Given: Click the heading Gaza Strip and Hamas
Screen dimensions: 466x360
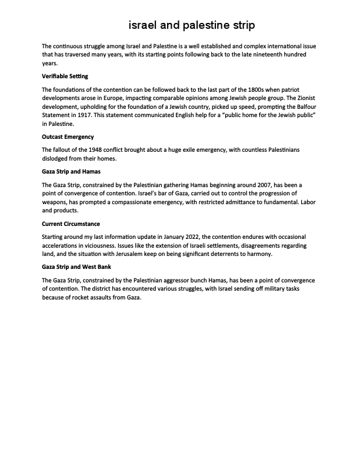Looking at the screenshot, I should (71, 172).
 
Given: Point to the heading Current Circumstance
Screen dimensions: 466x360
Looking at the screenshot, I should (71, 224).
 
